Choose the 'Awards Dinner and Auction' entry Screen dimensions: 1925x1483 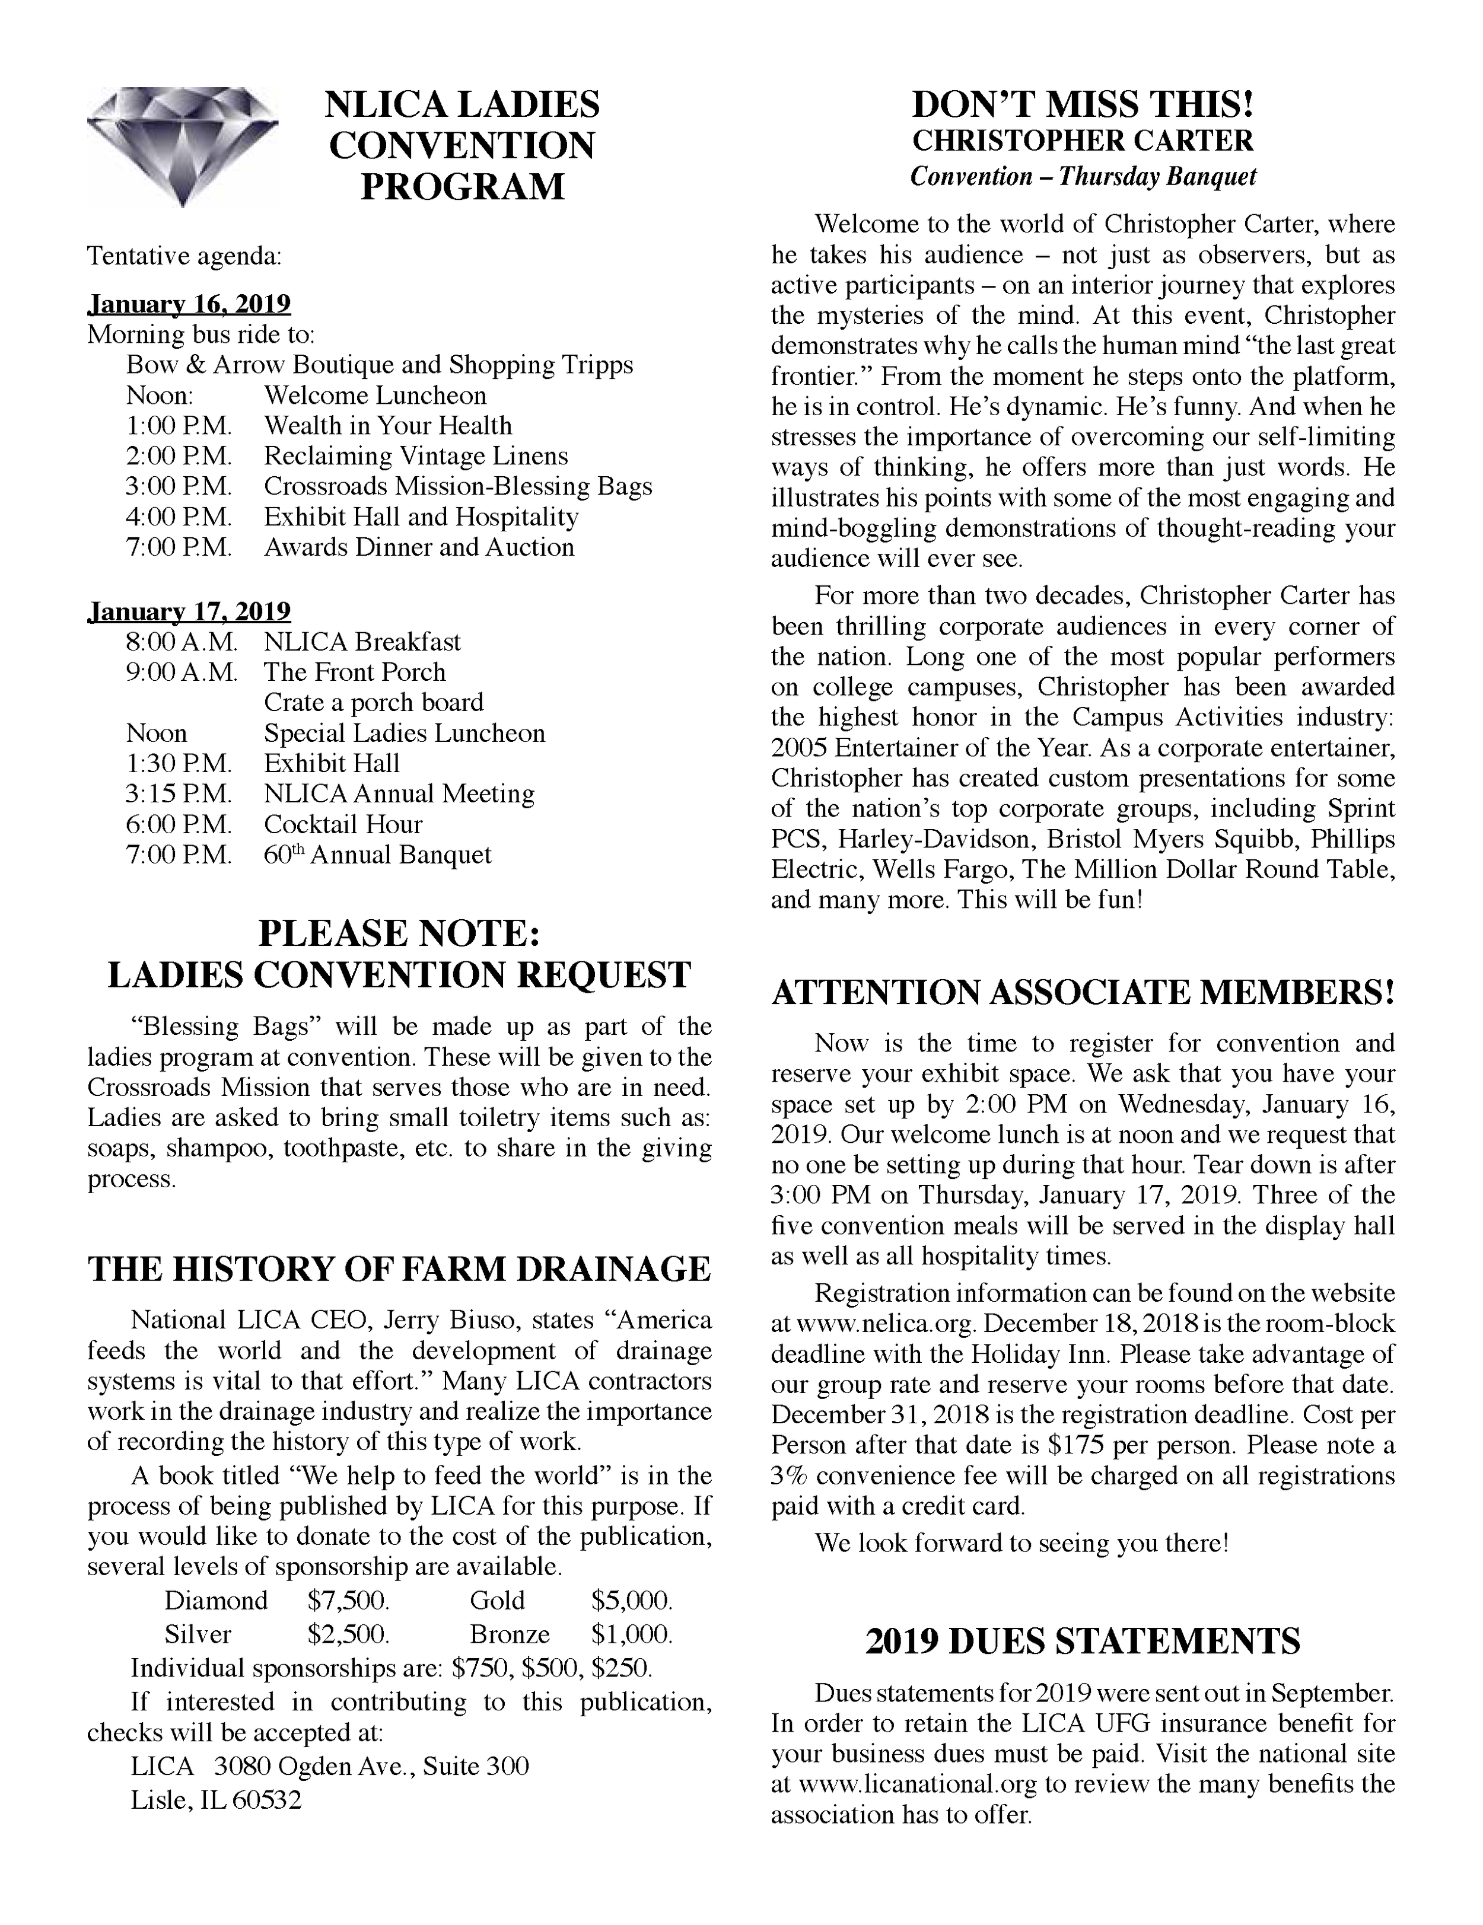(x=419, y=547)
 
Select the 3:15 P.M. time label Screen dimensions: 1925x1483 (x=179, y=794)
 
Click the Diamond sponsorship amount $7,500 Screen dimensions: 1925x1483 (x=348, y=1600)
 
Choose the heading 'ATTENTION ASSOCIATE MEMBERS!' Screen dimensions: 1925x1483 (x=1083, y=993)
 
